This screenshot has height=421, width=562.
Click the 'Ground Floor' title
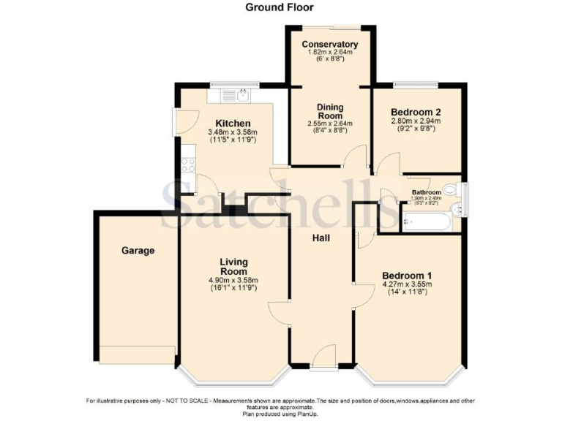click(x=279, y=7)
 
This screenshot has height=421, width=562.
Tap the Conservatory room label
click(x=330, y=45)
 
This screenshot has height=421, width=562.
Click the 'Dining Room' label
click(x=330, y=110)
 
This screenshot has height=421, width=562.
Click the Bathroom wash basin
click(x=457, y=211)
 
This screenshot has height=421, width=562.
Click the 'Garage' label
click(x=138, y=251)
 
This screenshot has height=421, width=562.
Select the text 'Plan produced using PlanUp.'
click(x=280, y=414)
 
